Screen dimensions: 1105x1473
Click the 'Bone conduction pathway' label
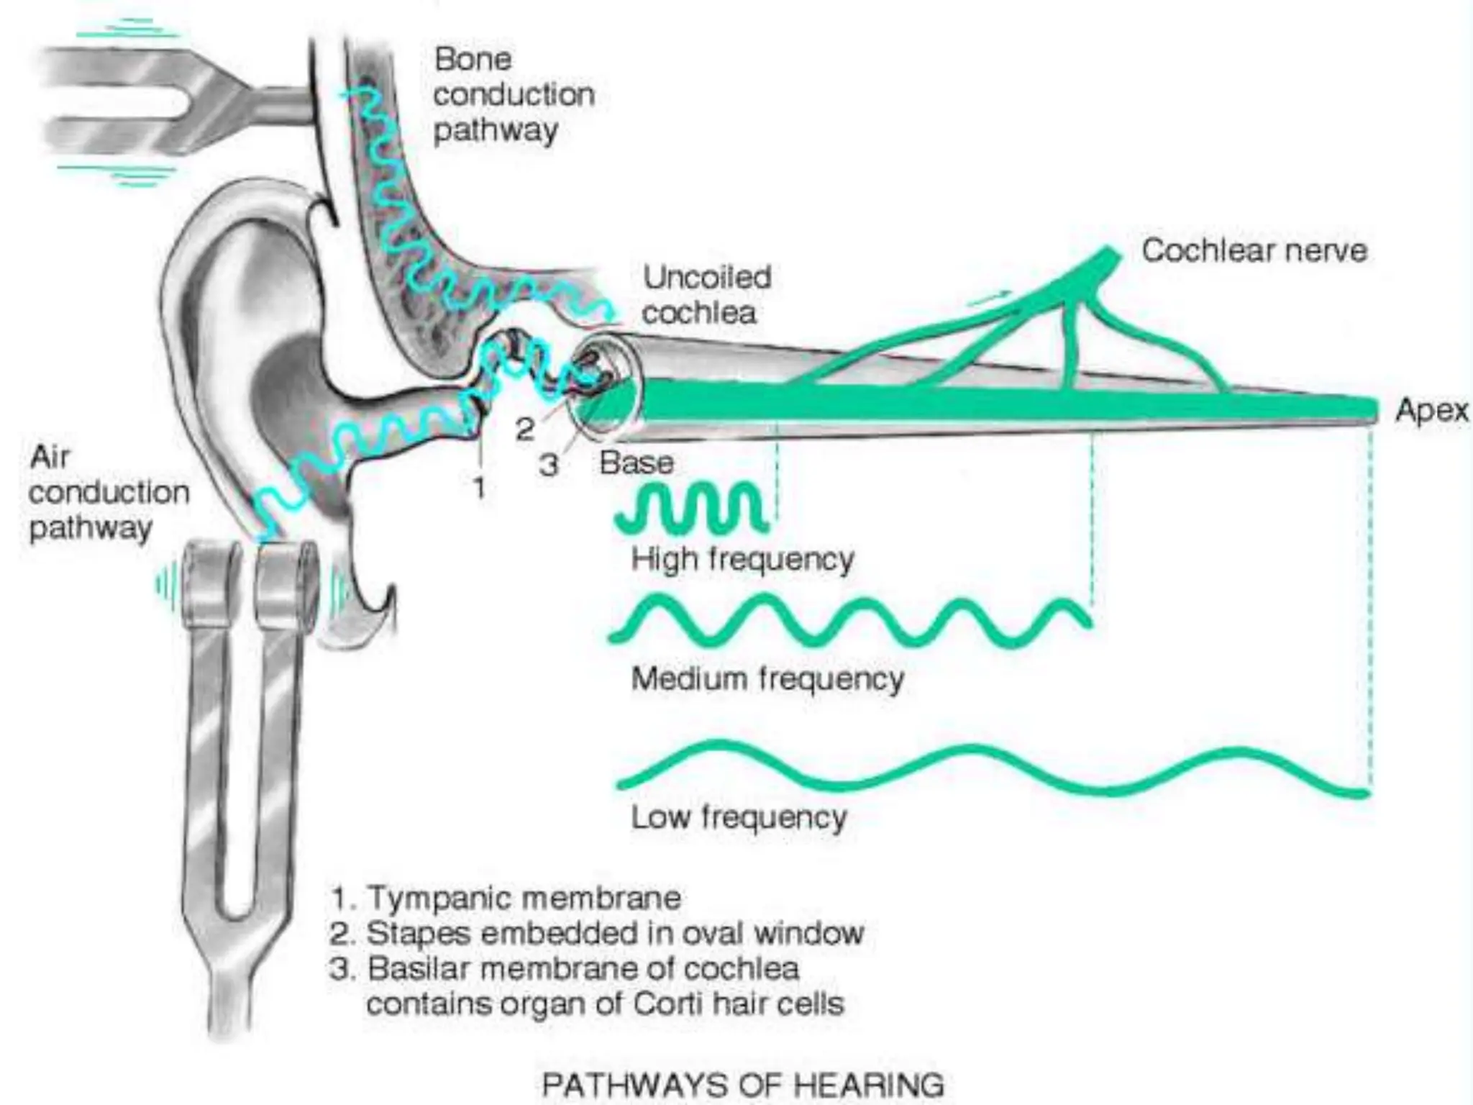(514, 95)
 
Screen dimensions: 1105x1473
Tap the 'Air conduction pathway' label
(108, 493)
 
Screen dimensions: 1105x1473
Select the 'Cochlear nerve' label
(1254, 251)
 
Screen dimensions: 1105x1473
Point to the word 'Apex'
(1431, 411)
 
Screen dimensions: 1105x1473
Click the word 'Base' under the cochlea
(637, 463)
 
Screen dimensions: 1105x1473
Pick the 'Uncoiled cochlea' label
(706, 295)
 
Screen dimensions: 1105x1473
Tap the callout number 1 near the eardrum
(480, 488)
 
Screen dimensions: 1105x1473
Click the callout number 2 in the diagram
(525, 429)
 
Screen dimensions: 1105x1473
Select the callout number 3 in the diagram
(549, 465)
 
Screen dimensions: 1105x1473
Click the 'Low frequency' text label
(739, 817)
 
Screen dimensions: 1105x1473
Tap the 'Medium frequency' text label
(767, 678)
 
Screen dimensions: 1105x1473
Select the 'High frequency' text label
(742, 559)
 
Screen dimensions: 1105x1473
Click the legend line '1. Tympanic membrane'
(506, 898)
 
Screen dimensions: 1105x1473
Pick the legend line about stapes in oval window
(597, 933)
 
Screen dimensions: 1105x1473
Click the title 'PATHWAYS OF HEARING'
(742, 1083)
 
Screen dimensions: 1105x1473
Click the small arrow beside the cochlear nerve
(990, 296)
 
